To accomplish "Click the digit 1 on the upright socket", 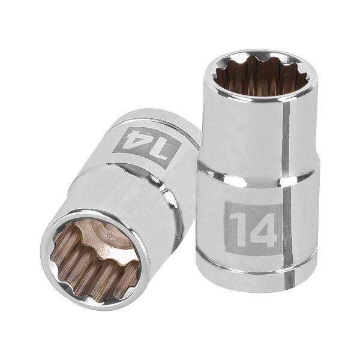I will [x=238, y=227].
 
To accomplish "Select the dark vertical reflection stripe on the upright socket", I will [x=287, y=180].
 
